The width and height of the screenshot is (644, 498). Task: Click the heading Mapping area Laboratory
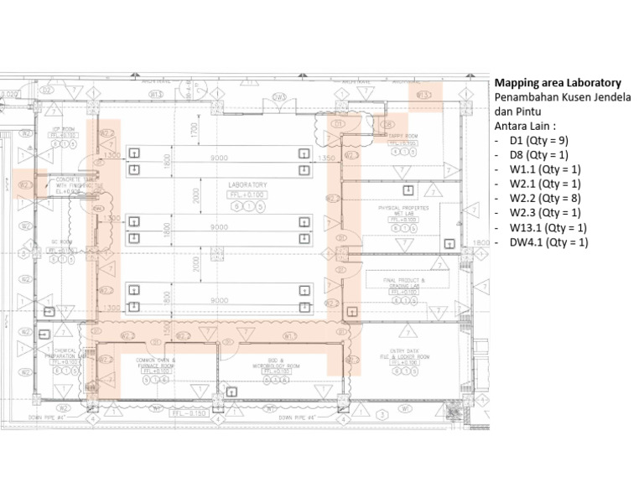pos(557,83)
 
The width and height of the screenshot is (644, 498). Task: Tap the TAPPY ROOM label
pos(400,136)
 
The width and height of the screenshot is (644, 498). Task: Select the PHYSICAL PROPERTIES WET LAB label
pos(403,210)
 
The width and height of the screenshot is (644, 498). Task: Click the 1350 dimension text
pos(327,158)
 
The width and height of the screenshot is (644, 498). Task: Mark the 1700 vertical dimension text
pos(193,130)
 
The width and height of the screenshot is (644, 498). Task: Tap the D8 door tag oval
pos(387,125)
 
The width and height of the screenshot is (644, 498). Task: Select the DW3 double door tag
pos(278,97)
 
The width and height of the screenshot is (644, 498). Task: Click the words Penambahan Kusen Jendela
pos(557,98)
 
